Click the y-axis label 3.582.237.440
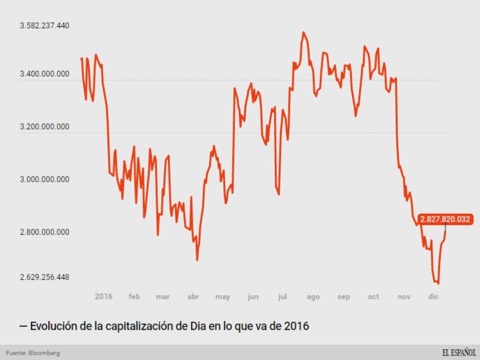point(44,26)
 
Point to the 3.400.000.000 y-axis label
point(44,74)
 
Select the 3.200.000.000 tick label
point(44,126)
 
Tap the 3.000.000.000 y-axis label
point(44,179)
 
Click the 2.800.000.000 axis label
point(44,232)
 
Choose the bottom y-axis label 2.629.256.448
point(44,277)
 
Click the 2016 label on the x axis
point(103,296)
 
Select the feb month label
point(134,296)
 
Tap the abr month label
point(193,296)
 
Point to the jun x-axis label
point(253,296)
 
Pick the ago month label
point(313,296)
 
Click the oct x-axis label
point(373,296)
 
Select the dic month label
point(433,296)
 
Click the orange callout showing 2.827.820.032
point(445,219)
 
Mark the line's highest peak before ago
point(304,32)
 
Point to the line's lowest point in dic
point(438,283)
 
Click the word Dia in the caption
point(191,326)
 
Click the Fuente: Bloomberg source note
point(33,353)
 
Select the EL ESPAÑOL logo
point(458,352)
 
